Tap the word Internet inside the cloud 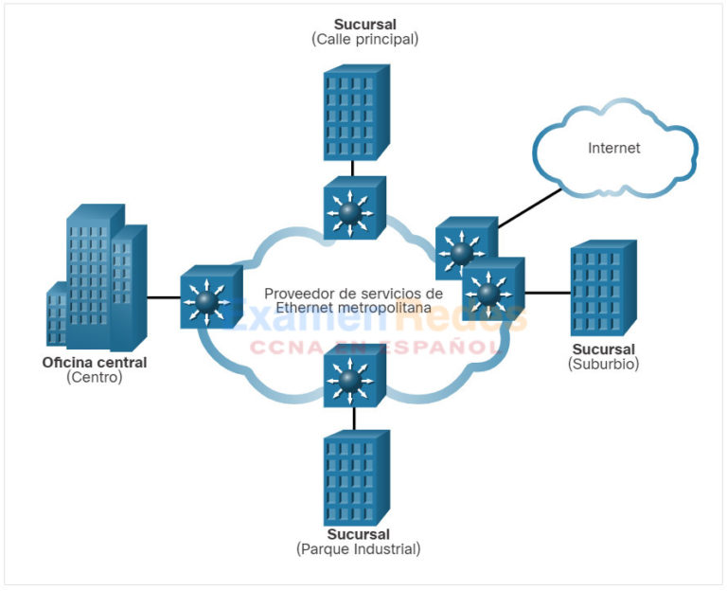point(614,148)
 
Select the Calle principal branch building point(355,112)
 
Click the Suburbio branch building point(603,289)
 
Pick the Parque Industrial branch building point(355,477)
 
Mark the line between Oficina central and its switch point(163,297)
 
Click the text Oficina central point(95,363)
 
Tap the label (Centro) point(95,377)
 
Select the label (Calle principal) point(364,39)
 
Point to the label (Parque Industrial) point(358,548)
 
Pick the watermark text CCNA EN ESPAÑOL point(376,346)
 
